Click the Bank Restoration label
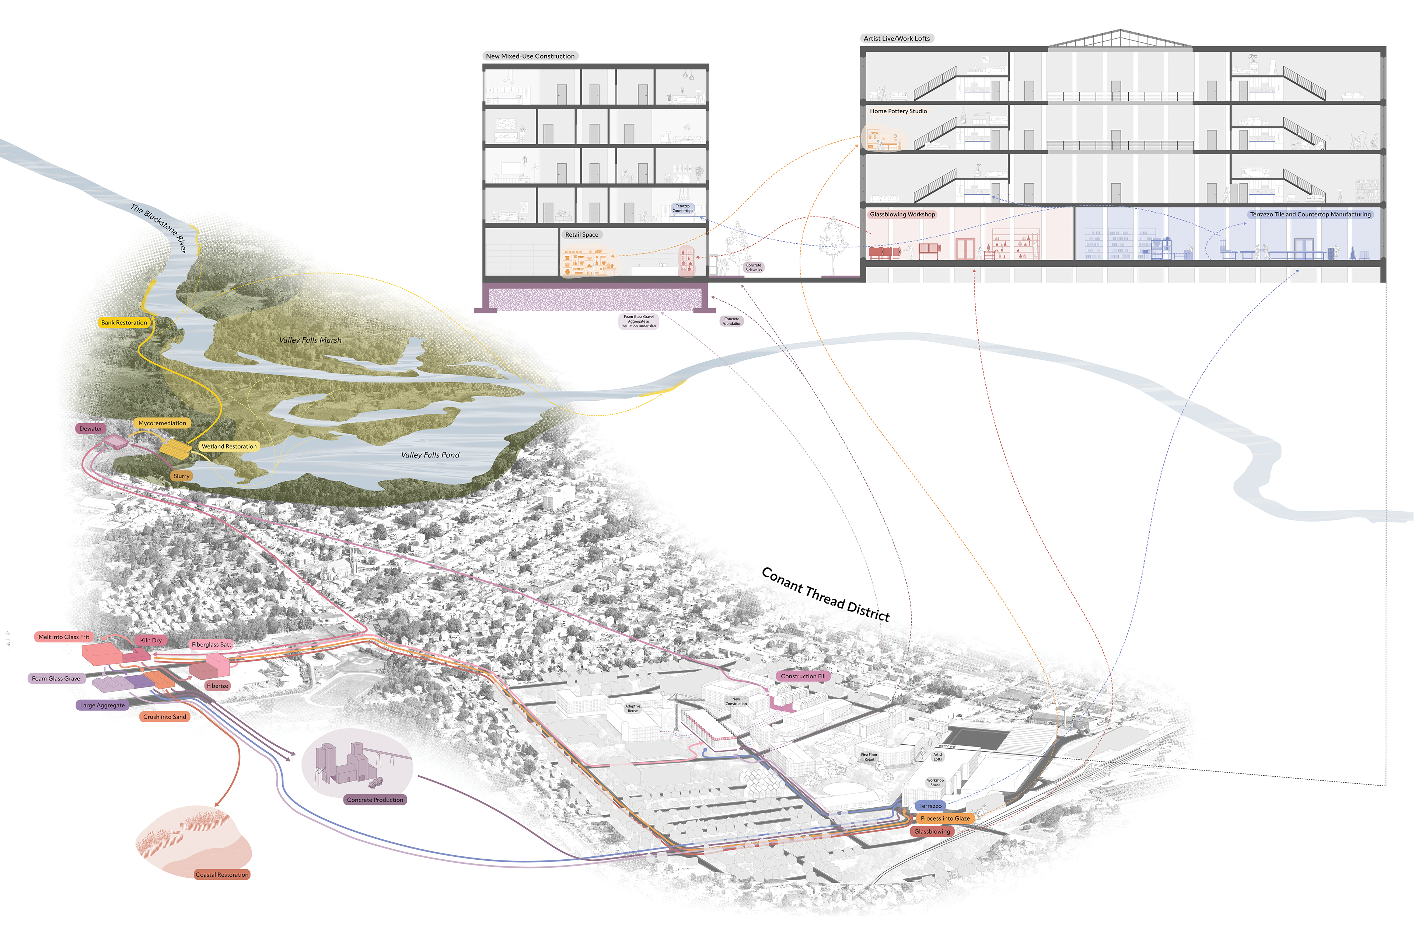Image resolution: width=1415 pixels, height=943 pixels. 124,322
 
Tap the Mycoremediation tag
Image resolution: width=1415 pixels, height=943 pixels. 162,423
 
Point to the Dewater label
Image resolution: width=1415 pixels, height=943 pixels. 91,429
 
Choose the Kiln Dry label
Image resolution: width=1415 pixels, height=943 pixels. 151,640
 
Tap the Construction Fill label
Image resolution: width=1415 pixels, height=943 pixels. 803,676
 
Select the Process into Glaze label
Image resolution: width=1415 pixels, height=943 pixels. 945,818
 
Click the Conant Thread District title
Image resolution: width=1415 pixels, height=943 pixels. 825,594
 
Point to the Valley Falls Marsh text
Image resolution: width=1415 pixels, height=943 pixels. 310,340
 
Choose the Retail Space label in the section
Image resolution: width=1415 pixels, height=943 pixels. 581,234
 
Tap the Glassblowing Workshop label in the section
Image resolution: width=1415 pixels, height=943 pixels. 902,214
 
